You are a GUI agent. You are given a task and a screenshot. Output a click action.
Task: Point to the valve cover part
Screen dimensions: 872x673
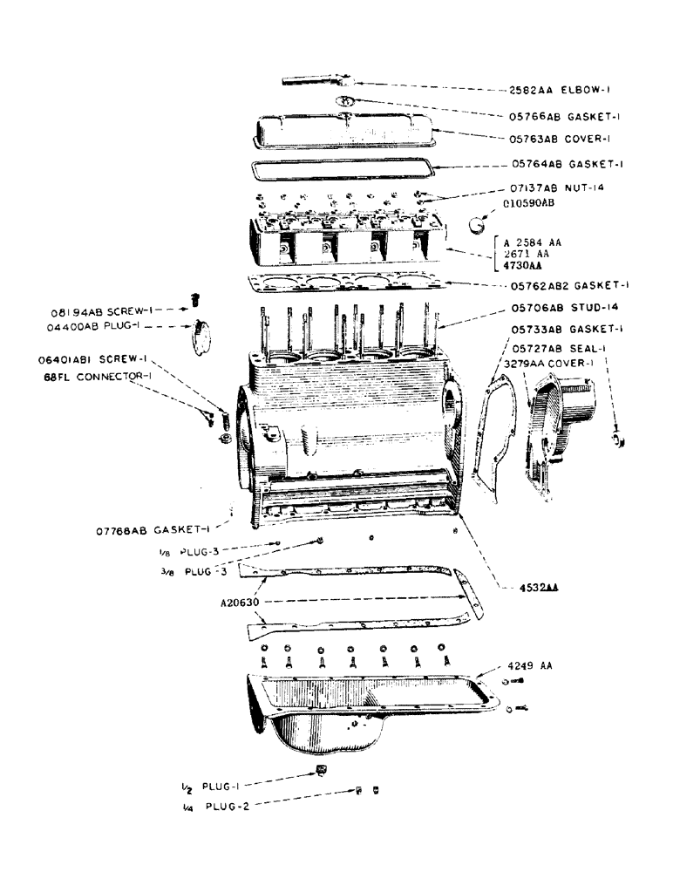point(340,132)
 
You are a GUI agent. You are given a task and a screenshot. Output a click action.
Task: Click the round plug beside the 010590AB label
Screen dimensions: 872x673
point(477,223)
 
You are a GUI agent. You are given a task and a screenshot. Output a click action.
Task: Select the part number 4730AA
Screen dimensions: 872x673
point(522,265)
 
